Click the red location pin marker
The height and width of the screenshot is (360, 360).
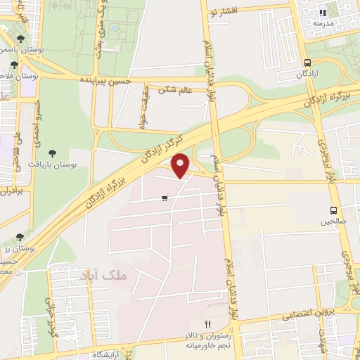(181, 165)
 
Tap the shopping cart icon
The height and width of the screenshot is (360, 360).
(165, 198)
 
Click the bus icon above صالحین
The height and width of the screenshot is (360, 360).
(333, 210)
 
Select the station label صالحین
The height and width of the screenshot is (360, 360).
(334, 221)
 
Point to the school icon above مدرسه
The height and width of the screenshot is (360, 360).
(323, 12)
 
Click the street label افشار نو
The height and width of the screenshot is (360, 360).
(224, 13)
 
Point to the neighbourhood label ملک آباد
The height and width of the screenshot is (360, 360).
(127, 276)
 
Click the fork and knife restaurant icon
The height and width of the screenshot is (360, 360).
(207, 323)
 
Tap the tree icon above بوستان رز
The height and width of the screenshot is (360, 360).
(19, 238)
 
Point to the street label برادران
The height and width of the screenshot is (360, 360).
(8, 190)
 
